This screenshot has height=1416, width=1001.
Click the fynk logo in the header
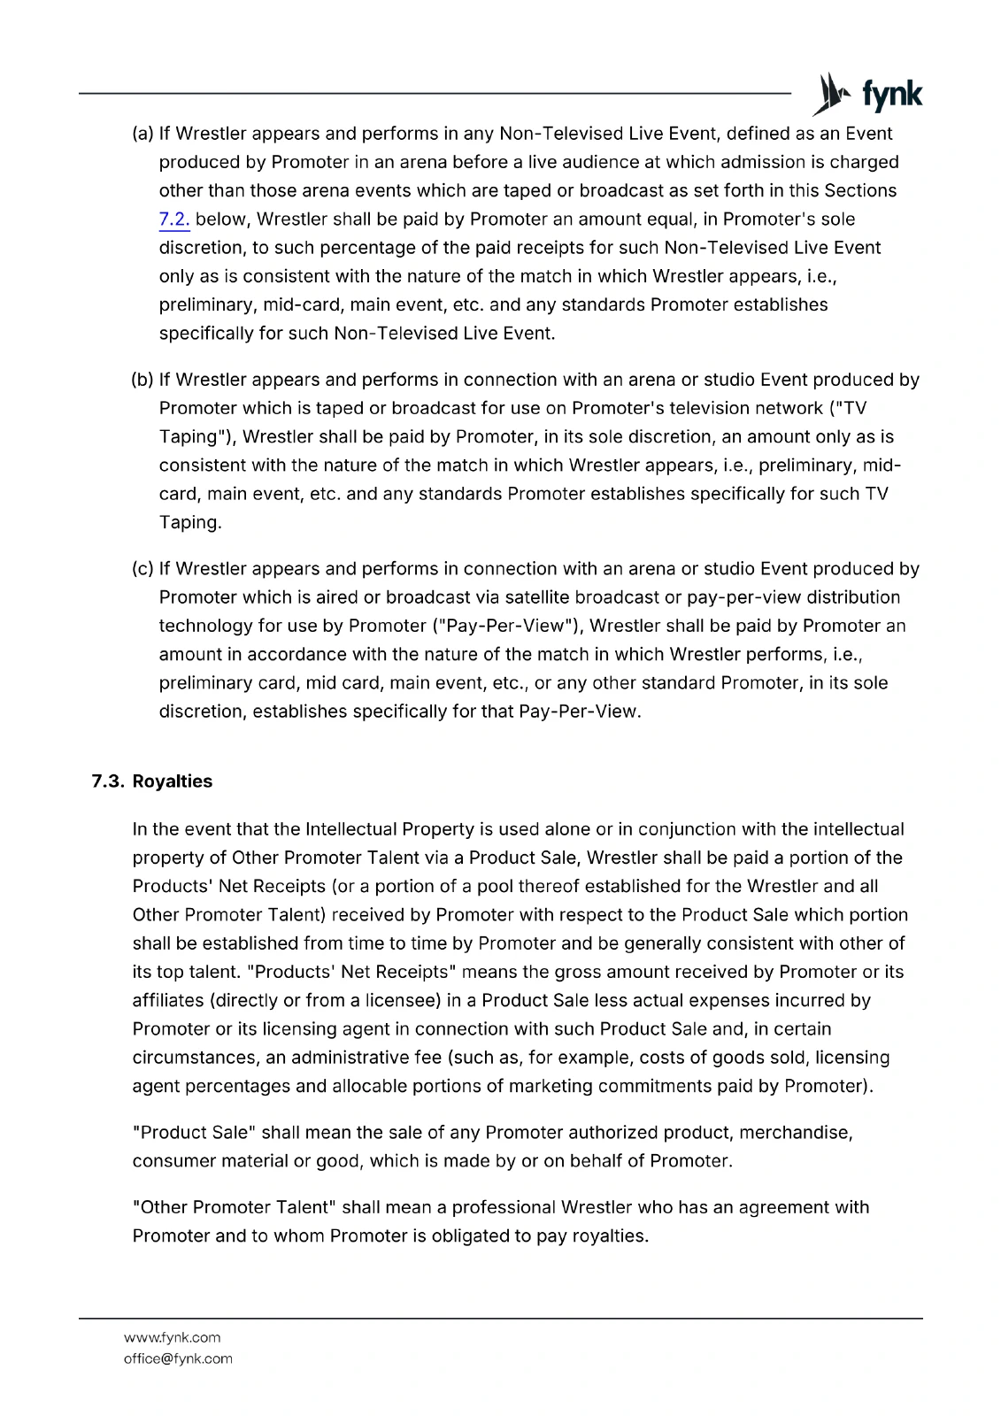pos(868,94)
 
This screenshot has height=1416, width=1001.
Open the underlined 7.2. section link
pos(174,219)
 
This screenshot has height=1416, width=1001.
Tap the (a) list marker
pos(142,134)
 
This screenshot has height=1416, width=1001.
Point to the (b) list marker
pos(142,380)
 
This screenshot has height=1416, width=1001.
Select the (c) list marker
pos(142,568)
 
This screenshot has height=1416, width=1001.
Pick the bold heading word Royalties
pos(173,781)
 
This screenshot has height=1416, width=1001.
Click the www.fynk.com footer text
pos(172,1337)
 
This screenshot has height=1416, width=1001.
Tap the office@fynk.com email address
pos(177,1358)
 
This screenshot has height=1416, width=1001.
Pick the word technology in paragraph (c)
pos(206,626)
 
